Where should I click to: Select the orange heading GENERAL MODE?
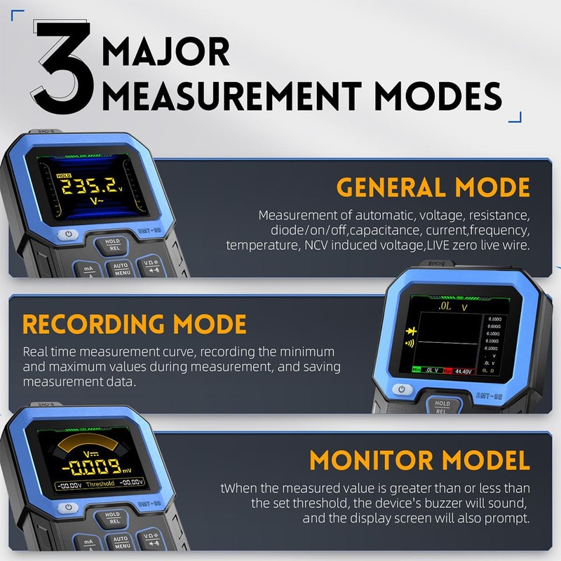tap(433, 187)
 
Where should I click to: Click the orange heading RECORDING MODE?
tap(135, 324)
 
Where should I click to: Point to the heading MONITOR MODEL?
tap(419, 461)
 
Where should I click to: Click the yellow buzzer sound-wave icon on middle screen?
tap(410, 344)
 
